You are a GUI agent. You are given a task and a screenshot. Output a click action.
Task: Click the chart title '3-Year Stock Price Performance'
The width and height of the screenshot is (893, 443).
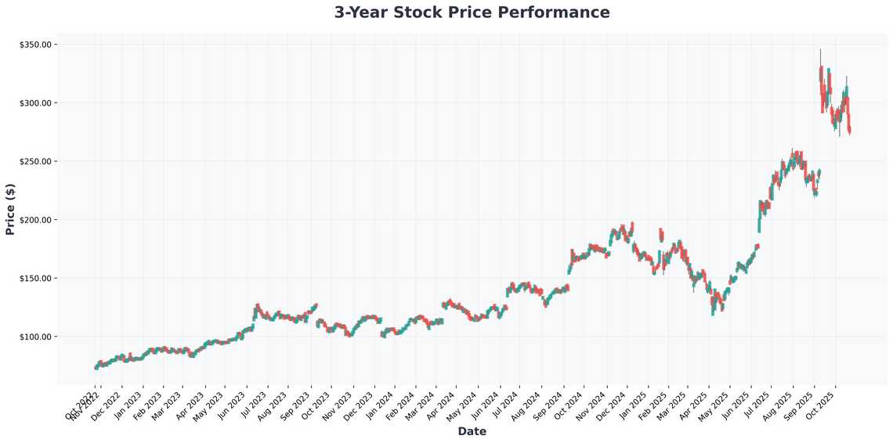point(472,13)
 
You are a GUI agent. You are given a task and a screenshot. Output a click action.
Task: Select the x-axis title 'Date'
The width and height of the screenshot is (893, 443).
point(472,431)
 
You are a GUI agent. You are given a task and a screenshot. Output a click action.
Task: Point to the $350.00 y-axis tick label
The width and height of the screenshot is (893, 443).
point(34,45)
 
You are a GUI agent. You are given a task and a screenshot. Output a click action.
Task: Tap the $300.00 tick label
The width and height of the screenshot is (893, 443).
point(34,103)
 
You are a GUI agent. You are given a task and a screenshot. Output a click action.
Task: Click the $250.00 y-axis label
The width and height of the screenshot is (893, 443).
point(34,161)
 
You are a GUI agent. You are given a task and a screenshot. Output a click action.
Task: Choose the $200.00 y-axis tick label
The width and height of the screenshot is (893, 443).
point(34,220)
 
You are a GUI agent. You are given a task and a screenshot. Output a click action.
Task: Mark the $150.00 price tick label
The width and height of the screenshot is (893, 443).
point(34,278)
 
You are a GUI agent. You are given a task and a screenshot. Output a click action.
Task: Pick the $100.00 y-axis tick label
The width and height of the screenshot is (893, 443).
point(34,337)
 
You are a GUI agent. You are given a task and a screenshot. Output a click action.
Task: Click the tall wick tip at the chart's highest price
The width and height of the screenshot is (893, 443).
point(820,49)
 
